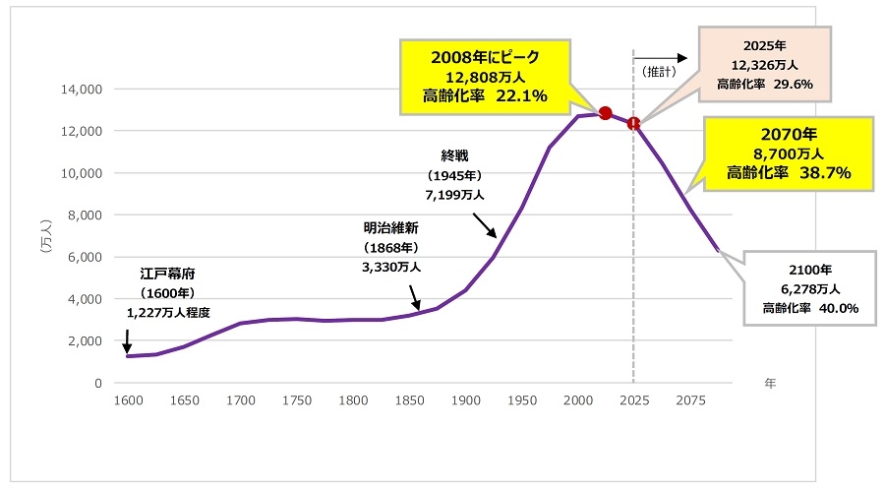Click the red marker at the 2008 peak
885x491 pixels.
pyautogui.click(x=606, y=113)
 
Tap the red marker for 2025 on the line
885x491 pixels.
pyautogui.click(x=634, y=124)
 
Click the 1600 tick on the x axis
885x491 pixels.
pyautogui.click(x=127, y=400)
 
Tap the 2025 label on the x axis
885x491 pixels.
pyautogui.click(x=634, y=400)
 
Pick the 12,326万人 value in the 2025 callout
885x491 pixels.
pyautogui.click(x=764, y=65)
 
